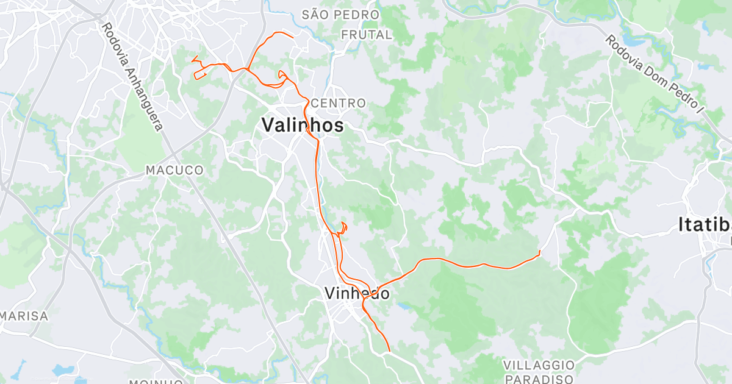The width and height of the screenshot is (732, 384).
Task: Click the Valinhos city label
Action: (x=303, y=125)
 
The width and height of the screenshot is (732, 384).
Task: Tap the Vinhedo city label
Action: (x=357, y=293)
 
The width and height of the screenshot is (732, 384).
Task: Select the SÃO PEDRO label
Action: (x=340, y=13)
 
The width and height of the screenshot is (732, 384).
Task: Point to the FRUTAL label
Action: (x=367, y=35)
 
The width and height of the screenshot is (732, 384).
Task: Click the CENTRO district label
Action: (x=338, y=103)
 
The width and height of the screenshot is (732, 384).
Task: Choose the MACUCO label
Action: (x=174, y=170)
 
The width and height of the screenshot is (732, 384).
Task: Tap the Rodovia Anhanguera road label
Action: (x=133, y=76)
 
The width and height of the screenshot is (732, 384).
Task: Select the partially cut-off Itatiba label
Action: (x=705, y=225)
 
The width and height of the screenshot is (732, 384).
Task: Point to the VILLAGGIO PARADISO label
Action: (x=539, y=372)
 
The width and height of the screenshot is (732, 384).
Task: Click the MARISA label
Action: (x=24, y=316)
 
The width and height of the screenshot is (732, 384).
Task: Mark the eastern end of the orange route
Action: (x=540, y=252)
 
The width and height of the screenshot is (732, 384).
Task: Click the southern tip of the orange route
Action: (x=389, y=350)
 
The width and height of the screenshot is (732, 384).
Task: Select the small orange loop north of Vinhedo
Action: (x=343, y=227)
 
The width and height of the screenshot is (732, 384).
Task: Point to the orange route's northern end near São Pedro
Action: (x=293, y=38)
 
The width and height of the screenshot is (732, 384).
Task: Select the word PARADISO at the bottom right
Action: (x=539, y=379)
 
